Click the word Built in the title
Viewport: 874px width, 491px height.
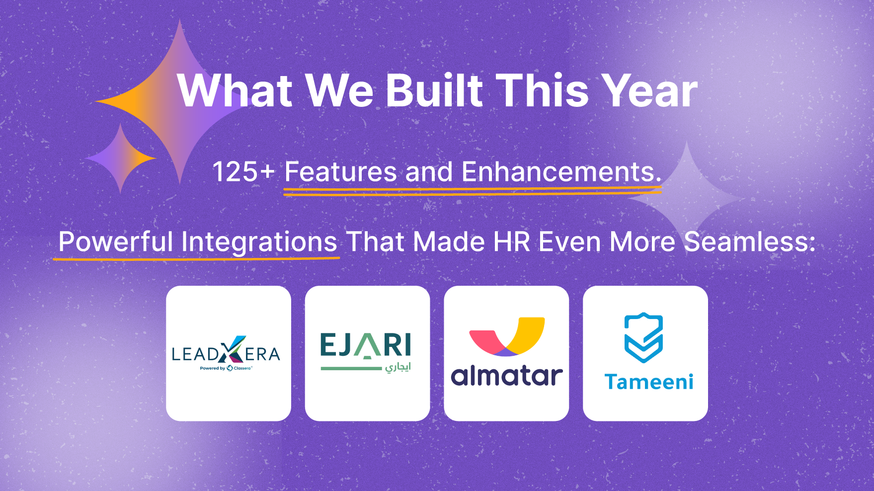(434, 90)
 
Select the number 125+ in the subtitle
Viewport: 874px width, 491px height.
(243, 172)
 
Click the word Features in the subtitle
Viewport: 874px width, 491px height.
(340, 172)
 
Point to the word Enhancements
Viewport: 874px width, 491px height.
(561, 172)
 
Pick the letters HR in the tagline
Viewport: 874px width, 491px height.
(512, 242)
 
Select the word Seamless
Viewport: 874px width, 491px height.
(750, 242)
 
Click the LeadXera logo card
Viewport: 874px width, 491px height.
(229, 353)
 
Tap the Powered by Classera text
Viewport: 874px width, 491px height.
(226, 368)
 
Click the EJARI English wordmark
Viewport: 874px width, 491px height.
(366, 345)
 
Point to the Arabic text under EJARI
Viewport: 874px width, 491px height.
(397, 367)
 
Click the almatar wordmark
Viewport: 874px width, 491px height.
(507, 376)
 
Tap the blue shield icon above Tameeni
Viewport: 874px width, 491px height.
(643, 337)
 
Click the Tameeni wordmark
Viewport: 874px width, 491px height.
(649, 382)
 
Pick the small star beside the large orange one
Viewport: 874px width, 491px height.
(121, 159)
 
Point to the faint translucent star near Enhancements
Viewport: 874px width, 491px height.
(686, 199)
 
